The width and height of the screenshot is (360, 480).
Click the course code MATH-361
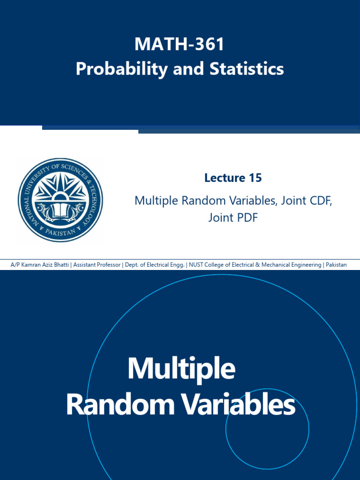[x=180, y=45]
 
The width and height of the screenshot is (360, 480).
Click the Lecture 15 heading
[x=233, y=178]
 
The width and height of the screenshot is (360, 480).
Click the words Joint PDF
[x=233, y=217]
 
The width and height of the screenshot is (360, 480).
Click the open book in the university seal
[x=60, y=209]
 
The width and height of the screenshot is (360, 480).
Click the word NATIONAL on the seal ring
[x=26, y=197]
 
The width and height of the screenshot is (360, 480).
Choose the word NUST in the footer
[x=197, y=265]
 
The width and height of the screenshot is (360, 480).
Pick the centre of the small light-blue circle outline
[x=267, y=429]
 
